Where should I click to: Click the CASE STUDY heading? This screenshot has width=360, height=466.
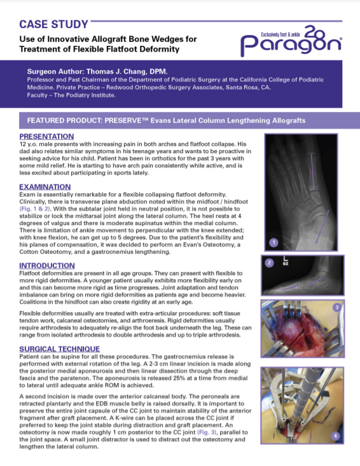coord(53,25)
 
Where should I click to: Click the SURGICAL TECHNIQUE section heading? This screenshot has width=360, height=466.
coord(59,349)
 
